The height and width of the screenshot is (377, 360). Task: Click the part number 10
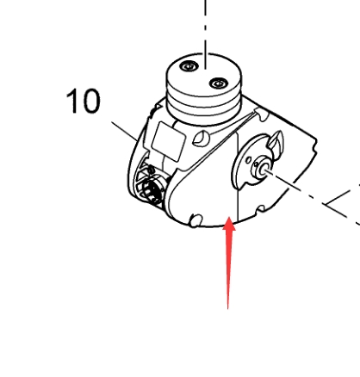84,101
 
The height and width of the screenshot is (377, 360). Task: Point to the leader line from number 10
125,132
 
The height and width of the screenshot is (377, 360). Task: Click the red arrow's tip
229,218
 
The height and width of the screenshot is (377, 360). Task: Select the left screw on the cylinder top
189,66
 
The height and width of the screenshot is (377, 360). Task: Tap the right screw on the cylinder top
219,83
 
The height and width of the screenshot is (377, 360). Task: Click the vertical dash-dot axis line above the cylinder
205,34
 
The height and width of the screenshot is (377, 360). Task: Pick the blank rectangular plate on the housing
168,141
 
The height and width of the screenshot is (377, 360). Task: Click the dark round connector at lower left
152,188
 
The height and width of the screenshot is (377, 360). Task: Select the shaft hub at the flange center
261,170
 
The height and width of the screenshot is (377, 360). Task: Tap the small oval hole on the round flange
248,161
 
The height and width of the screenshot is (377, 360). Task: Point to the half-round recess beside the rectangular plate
201,139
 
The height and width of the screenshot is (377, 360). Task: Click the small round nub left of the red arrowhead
196,220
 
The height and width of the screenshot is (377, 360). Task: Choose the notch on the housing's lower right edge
261,209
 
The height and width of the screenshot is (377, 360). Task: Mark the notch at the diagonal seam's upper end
262,114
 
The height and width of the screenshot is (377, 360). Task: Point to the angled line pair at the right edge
342,203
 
